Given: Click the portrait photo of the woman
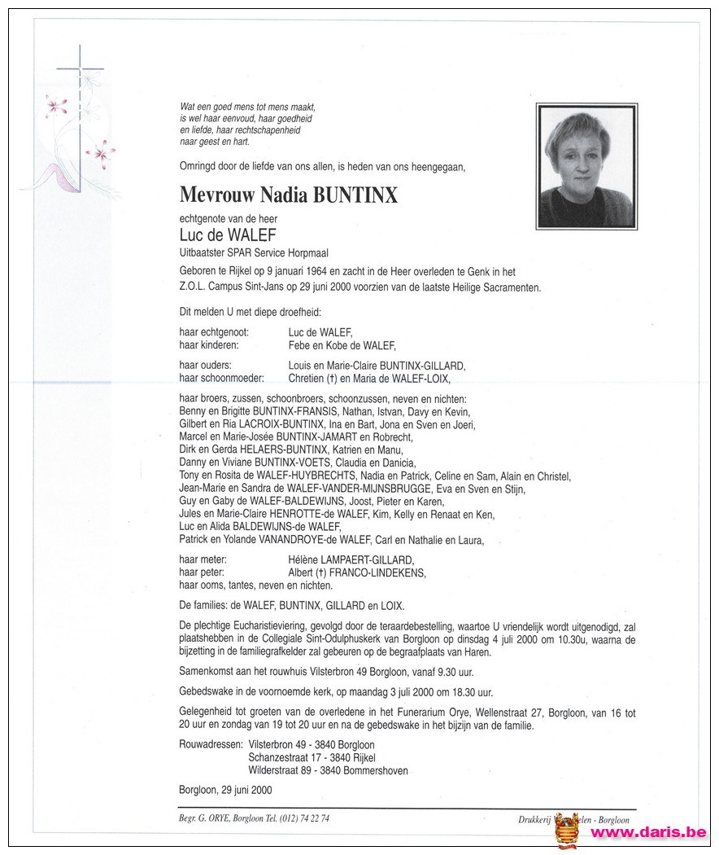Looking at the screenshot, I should [586, 167].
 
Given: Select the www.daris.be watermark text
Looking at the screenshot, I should [648, 833].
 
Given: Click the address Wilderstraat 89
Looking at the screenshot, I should [284, 770].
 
